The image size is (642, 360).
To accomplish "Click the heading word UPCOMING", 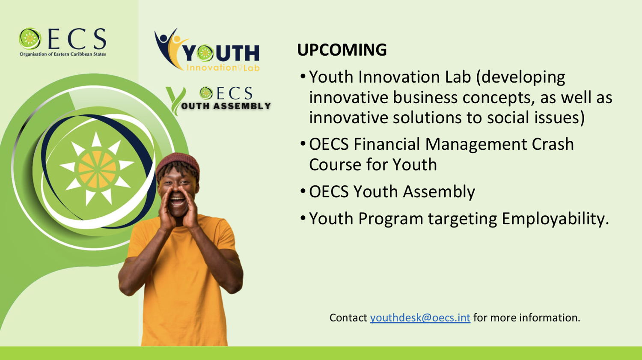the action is pyautogui.click(x=342, y=50).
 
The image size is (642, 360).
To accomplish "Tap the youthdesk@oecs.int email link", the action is pyautogui.click(x=420, y=318).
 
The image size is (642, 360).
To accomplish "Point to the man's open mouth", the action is pyautogui.click(x=178, y=201).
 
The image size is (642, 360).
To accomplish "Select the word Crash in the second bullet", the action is pyautogui.click(x=553, y=144).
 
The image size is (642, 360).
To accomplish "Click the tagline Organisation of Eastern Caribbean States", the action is pyautogui.click(x=62, y=54).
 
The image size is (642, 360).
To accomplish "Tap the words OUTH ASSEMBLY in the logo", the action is pyautogui.click(x=226, y=106).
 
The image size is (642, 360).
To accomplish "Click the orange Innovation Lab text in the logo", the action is pyautogui.click(x=223, y=68).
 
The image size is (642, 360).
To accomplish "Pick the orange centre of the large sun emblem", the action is pyautogui.click(x=97, y=170).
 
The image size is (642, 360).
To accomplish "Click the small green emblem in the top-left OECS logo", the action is pyautogui.click(x=30, y=39).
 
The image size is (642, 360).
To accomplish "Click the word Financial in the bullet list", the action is pyautogui.click(x=386, y=144).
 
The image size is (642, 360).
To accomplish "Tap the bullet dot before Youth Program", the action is pyautogui.click(x=303, y=218).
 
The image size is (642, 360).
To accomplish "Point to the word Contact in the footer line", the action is pyautogui.click(x=348, y=318).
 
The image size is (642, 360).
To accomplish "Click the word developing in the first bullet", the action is pyautogui.click(x=521, y=77).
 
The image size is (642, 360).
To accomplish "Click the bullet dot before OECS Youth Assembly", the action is pyautogui.click(x=303, y=191).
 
